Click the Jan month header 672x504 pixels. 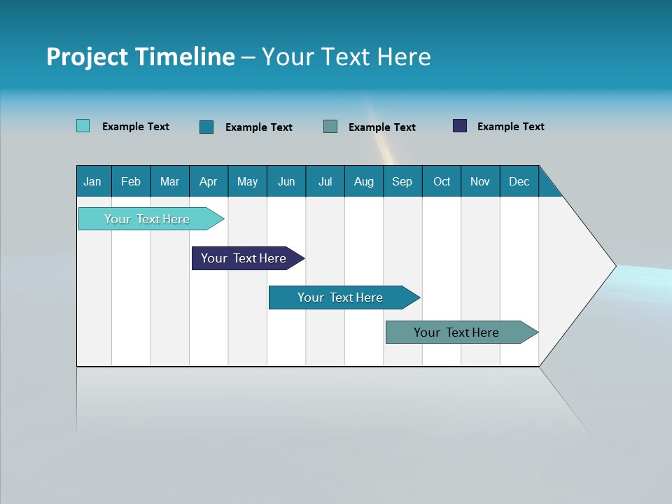[x=93, y=181]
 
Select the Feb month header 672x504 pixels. [x=131, y=181]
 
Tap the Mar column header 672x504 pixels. [x=169, y=181]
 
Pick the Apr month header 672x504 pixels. [x=209, y=181]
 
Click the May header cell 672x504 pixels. [x=247, y=181]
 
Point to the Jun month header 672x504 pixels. [x=286, y=181]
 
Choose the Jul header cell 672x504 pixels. [x=325, y=181]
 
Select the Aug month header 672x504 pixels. [x=364, y=181]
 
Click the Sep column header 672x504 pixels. [x=402, y=181]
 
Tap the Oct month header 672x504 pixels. [x=442, y=181]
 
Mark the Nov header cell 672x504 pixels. [x=480, y=181]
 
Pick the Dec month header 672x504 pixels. [x=519, y=181]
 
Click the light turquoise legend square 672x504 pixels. [x=83, y=126]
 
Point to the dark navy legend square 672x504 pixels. [x=460, y=126]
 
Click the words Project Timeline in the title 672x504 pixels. [x=141, y=57]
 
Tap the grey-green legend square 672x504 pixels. [x=330, y=126]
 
